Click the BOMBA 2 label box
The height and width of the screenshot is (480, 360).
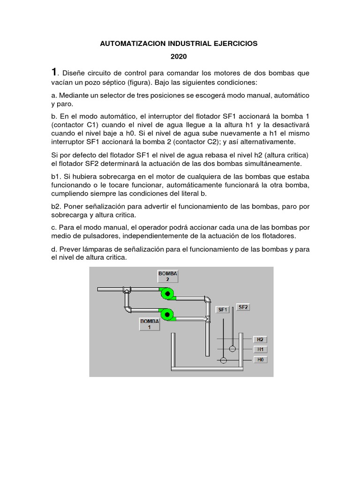(x=167, y=276)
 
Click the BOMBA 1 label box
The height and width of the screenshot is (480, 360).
(x=150, y=324)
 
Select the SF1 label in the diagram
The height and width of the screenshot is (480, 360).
(x=222, y=309)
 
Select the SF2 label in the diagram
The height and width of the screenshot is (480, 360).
(x=243, y=307)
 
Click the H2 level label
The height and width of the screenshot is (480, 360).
(x=260, y=339)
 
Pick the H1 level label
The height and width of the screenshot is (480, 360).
(x=260, y=349)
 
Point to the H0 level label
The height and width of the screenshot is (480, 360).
(x=260, y=360)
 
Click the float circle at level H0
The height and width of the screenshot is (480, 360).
(x=223, y=360)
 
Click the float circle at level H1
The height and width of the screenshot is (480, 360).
(x=232, y=349)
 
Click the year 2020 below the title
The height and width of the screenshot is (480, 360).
(x=179, y=57)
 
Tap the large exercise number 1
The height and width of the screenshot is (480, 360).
(x=54, y=72)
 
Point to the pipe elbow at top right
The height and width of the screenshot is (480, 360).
(x=207, y=299)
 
